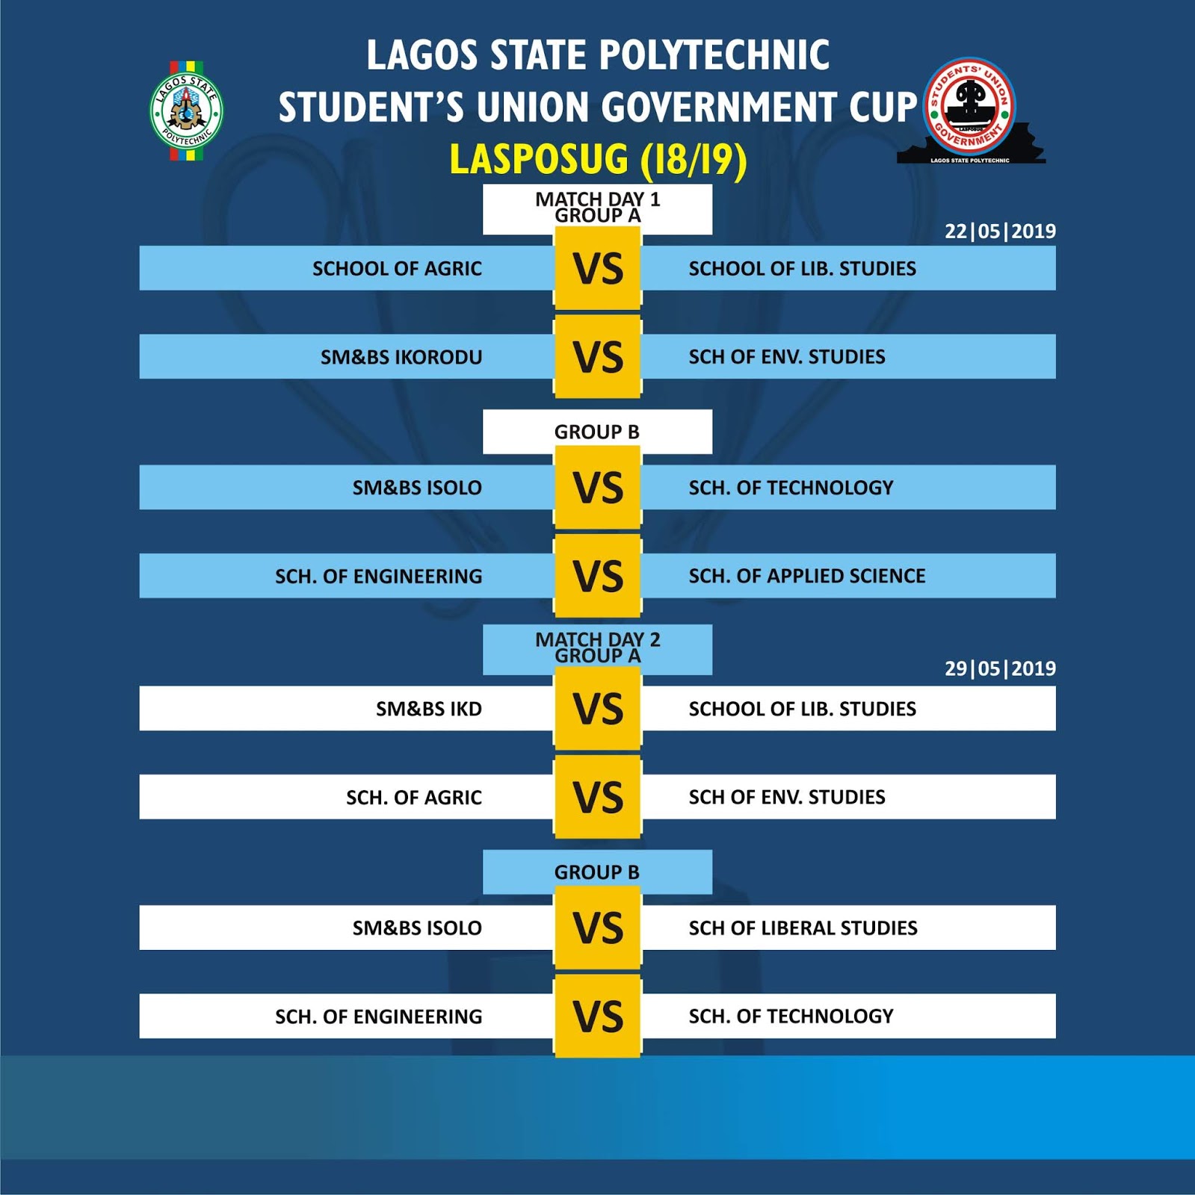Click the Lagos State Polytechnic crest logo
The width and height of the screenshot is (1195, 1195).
coord(186,111)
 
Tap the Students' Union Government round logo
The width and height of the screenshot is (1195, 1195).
coord(969,106)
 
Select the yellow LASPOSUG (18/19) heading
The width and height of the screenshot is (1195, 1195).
coord(598,159)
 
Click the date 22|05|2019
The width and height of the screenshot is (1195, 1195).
coord(1000,231)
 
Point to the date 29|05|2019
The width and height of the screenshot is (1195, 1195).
coord(1000,668)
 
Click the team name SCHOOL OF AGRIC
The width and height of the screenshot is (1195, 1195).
coord(397,268)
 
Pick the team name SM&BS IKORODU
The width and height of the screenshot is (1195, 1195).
coord(401,357)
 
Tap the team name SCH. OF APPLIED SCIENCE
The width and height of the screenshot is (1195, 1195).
coord(807,576)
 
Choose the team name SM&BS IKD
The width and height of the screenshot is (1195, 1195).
coord(429,709)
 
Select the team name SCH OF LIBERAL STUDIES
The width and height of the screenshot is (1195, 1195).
coord(803,928)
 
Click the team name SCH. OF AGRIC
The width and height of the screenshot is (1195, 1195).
coord(414,798)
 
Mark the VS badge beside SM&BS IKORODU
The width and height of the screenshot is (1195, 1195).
coord(597,357)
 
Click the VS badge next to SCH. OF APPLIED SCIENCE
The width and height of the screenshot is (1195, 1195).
coord(597,576)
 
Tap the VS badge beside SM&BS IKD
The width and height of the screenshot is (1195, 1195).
coord(597,709)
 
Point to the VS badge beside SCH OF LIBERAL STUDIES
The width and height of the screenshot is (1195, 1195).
coord(597,928)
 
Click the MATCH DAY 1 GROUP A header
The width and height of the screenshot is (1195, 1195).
coord(597,207)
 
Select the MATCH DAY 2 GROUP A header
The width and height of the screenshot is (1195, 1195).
coord(597,648)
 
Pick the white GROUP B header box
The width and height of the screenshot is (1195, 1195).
coord(597,432)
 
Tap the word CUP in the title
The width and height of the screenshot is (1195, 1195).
coord(883,107)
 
